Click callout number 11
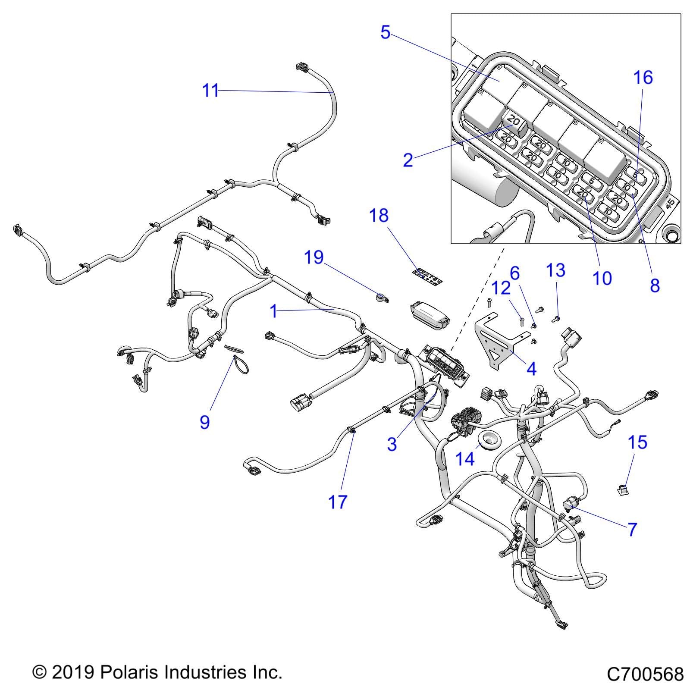210,91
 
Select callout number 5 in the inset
385,32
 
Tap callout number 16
643,78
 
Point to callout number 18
379,216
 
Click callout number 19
314,257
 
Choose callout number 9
205,422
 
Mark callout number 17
337,502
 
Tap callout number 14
465,459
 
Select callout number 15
638,442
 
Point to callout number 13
555,271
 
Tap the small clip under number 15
622,490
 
